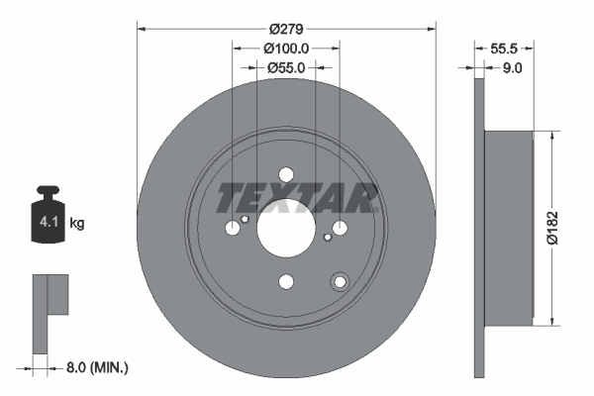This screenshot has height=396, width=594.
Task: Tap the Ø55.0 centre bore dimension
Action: pos(285,67)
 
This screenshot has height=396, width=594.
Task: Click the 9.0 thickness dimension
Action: pos(512,68)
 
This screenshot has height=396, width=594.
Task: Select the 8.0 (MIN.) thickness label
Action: pos(95,367)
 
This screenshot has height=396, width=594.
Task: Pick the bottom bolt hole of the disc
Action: pos(286,282)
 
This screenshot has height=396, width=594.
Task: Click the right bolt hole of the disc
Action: pos(340,229)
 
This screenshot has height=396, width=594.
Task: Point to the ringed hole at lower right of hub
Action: pos(340,281)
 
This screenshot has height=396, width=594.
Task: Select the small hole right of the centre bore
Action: pos(327,237)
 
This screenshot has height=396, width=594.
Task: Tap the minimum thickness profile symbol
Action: pos(49,313)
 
